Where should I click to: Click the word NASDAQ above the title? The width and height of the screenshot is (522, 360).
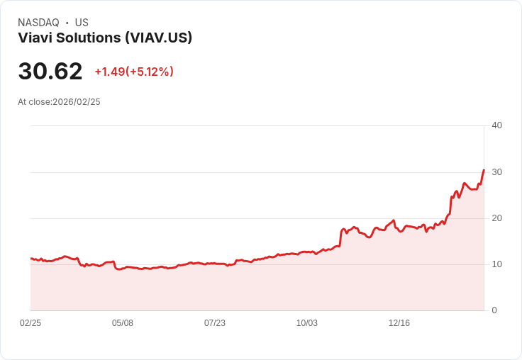[x=38, y=23]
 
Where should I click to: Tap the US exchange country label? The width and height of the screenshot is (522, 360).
[x=82, y=23]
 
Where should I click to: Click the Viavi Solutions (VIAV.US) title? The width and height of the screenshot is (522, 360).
[x=105, y=38]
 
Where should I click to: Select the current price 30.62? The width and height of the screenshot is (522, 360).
[x=50, y=72]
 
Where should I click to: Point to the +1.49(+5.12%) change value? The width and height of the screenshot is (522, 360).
[x=134, y=72]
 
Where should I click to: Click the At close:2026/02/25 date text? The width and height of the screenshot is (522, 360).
[x=59, y=102]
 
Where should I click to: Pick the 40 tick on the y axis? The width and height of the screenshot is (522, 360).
[x=497, y=125]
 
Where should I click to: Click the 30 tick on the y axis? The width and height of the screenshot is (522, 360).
[x=497, y=172]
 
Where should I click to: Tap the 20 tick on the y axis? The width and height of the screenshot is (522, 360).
[x=497, y=218]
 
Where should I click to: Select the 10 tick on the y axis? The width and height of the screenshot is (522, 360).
[x=497, y=264]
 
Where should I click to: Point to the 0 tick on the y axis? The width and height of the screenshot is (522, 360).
[x=494, y=310]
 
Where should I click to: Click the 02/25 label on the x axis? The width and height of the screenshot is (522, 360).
[x=30, y=323]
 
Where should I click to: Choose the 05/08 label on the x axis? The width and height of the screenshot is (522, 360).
[x=123, y=323]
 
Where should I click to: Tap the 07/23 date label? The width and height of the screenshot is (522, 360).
[x=215, y=323]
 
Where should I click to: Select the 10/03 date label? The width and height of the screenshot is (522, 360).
[x=307, y=323]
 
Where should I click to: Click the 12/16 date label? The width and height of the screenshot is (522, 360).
[x=399, y=323]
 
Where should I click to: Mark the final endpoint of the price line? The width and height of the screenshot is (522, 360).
[x=484, y=170]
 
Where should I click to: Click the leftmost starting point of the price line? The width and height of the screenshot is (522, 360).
[x=30, y=259]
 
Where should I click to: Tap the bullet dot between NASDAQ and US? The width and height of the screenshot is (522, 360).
[x=67, y=23]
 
